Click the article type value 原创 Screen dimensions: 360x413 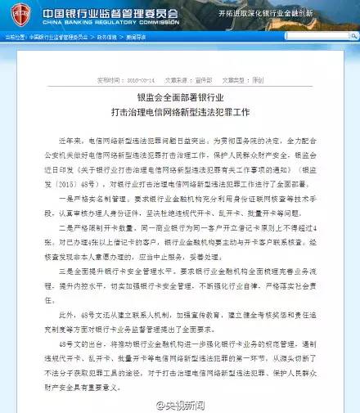click(258, 81)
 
